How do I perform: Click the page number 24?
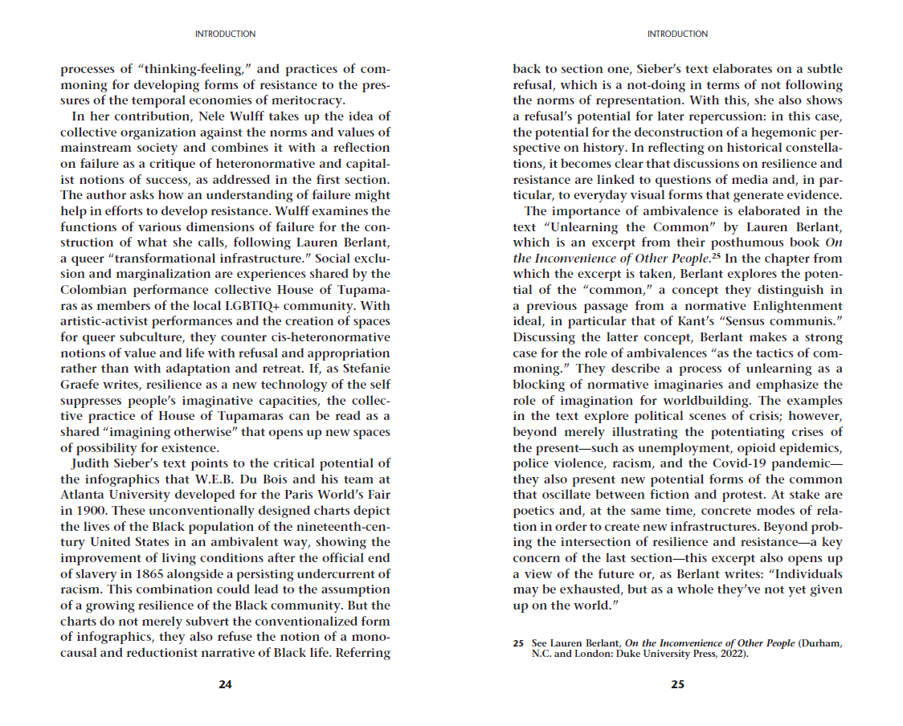pyautogui.click(x=225, y=684)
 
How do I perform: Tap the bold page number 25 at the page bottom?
pyautogui.click(x=677, y=684)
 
